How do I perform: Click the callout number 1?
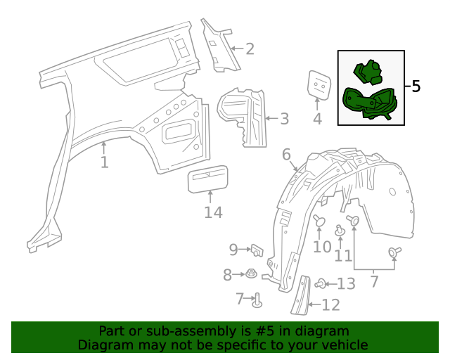[104, 163]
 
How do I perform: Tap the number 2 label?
[249, 49]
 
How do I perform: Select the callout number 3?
[283, 119]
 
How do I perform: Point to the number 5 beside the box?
[416, 86]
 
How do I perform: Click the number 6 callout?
[286, 154]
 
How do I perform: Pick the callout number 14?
[213, 212]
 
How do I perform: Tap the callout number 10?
[321, 247]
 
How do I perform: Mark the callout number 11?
[343, 255]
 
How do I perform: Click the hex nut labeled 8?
[250, 274]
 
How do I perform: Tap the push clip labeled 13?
[321, 284]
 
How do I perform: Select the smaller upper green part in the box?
[367, 72]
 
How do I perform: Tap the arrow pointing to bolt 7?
[247, 299]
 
